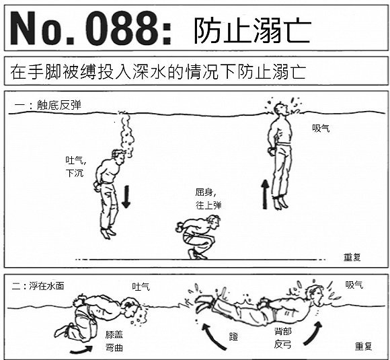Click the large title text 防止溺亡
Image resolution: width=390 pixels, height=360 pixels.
pyautogui.click(x=252, y=30)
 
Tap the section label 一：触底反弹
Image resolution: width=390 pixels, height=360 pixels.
pyautogui.click(x=48, y=106)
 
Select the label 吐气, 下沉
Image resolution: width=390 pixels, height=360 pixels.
pyautogui.click(x=75, y=166)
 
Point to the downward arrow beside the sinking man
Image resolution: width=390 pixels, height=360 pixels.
pyautogui.click(x=126, y=196)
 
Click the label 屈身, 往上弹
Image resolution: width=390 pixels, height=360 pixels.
pyautogui.click(x=208, y=199)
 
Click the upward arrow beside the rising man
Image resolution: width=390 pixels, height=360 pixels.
pyautogui.click(x=265, y=194)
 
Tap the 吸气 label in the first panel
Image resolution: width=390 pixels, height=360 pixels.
pyautogui.click(x=321, y=129)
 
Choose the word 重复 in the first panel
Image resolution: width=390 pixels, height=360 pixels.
pyautogui.click(x=352, y=257)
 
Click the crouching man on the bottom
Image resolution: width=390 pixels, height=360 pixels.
pyautogui.click(x=198, y=237)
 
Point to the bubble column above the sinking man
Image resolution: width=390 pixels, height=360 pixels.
pyautogui.click(x=126, y=135)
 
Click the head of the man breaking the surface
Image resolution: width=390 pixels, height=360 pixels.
pyautogui.click(x=280, y=109)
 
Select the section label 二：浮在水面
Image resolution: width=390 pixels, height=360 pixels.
pyautogui.click(x=38, y=286)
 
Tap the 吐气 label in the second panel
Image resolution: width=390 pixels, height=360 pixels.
pyautogui.click(x=141, y=287)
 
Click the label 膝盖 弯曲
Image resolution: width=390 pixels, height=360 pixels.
pyautogui.click(x=114, y=341)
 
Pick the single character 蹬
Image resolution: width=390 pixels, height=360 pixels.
pyautogui.click(x=233, y=336)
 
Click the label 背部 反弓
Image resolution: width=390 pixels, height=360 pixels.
pyautogui.click(x=283, y=338)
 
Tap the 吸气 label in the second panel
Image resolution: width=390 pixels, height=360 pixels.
pyautogui.click(x=354, y=285)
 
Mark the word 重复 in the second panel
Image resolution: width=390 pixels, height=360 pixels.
pyautogui.click(x=363, y=347)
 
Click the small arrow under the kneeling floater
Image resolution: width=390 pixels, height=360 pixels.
pyautogui.click(x=81, y=350)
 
